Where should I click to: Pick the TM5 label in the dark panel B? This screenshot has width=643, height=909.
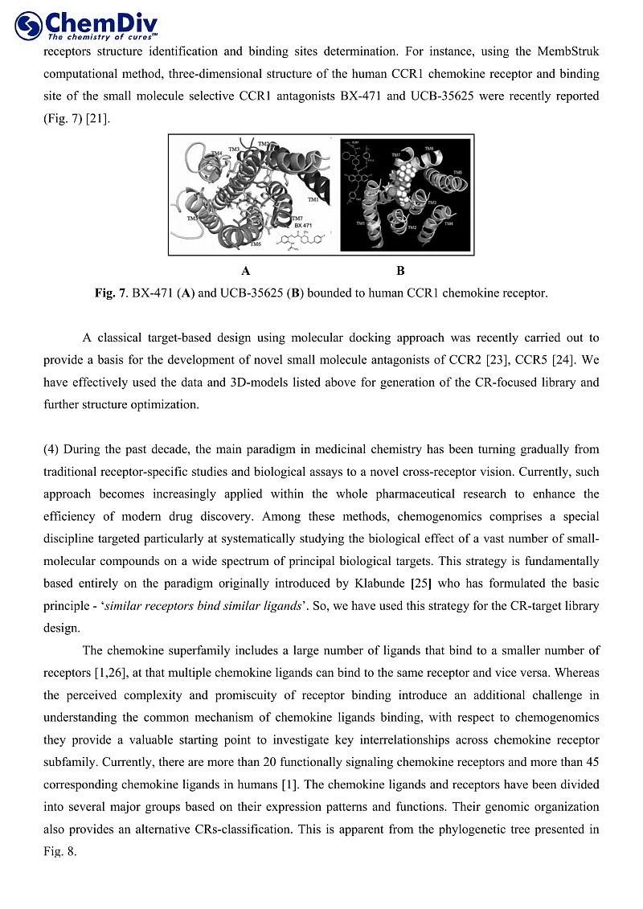tap(457, 172)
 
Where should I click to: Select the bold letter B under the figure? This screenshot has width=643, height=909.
tap(400, 272)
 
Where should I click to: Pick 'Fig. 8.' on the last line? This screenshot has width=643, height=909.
tap(60, 852)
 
